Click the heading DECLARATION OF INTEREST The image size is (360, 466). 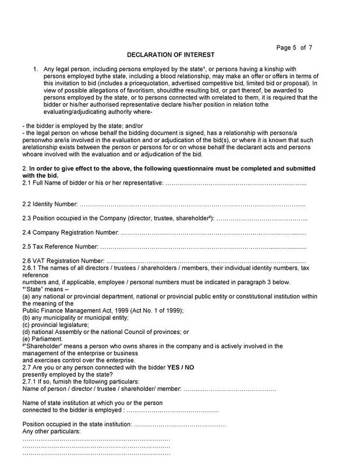pyautogui.click(x=171, y=55)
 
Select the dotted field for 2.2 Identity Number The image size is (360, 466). pyautogui.click(x=192, y=204)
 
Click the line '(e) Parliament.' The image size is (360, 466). pyautogui.click(x=43, y=338)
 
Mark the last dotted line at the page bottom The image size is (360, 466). pyautogui.click(x=96, y=453)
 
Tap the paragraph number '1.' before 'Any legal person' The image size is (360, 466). pyautogui.click(x=36, y=69)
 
